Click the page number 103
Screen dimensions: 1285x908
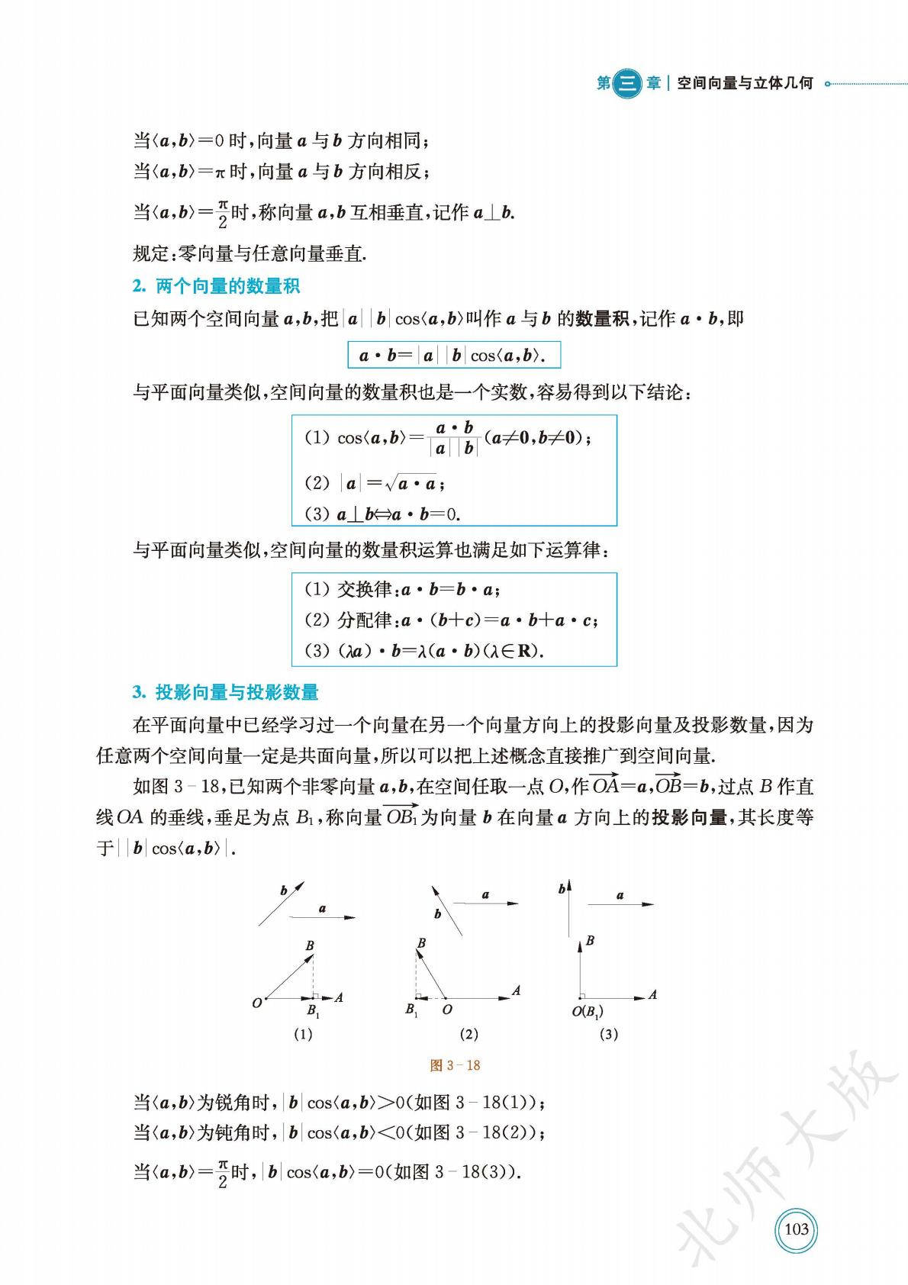(x=796, y=1229)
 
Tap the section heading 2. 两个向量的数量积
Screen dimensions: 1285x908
(x=216, y=286)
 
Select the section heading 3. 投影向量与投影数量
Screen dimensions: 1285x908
(x=225, y=692)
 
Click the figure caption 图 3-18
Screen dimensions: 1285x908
(x=455, y=1065)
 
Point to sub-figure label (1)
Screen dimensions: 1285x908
(x=303, y=1035)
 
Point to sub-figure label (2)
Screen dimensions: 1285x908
(x=468, y=1035)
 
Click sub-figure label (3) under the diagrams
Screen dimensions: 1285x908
(x=609, y=1035)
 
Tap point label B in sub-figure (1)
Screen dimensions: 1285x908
(x=310, y=946)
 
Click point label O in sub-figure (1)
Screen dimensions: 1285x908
(x=257, y=1003)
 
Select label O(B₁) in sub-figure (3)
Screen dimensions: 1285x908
(x=588, y=1013)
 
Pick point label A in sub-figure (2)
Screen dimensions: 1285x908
(x=517, y=990)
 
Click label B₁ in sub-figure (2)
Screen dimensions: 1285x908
(x=411, y=1010)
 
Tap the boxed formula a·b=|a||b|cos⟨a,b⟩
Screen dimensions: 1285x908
(x=454, y=356)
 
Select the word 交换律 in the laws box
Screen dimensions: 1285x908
(x=364, y=589)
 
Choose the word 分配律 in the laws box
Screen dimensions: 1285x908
(x=364, y=620)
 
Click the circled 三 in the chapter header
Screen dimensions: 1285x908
(x=627, y=83)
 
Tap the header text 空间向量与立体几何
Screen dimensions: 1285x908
(x=744, y=83)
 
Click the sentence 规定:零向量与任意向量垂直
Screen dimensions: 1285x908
(x=250, y=253)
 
